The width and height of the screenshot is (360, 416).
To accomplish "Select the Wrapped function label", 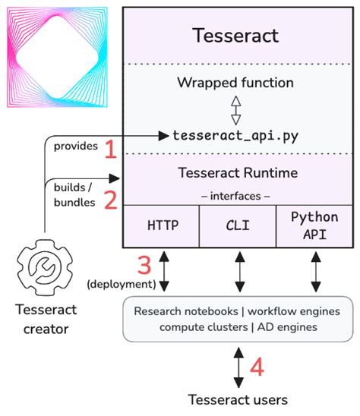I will point(235,82).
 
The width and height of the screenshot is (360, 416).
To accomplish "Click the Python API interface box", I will point(314,226).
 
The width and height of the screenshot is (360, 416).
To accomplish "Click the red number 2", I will point(110,200).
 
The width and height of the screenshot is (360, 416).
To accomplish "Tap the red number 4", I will point(257,368).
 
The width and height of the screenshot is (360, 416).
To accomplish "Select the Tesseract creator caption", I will point(45,320).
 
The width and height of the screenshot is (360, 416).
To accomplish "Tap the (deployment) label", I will point(119,284).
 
